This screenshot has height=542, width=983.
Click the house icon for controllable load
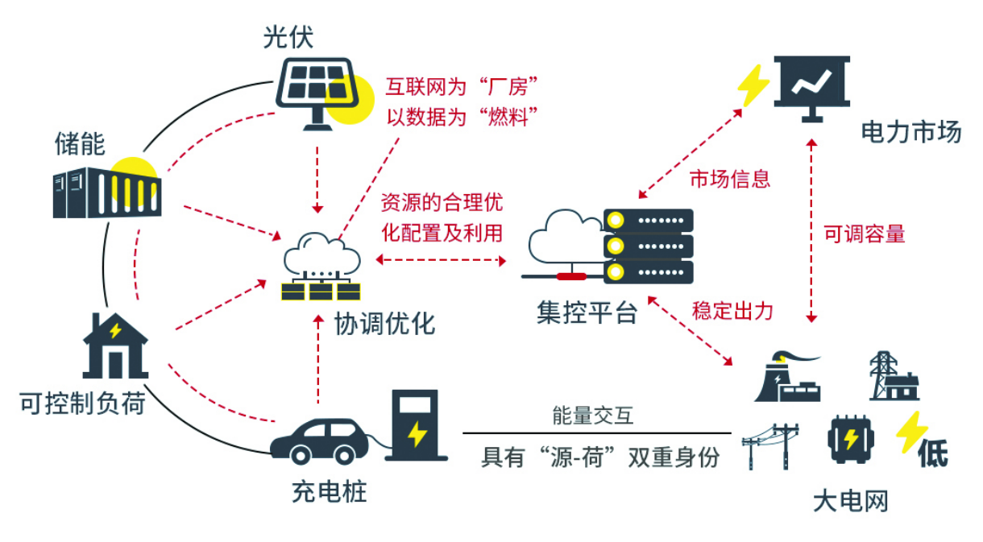[115, 345]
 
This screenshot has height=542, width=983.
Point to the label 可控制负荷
[82, 403]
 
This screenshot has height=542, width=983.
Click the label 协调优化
[385, 324]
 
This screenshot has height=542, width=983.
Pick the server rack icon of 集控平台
[648, 246]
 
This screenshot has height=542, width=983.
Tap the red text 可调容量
[865, 234]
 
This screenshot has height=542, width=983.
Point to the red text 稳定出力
[732, 311]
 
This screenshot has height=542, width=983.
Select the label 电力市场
[911, 132]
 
